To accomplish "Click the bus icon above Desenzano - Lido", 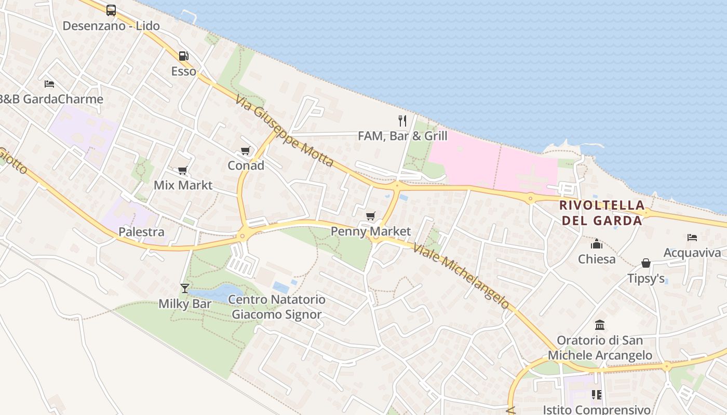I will (111, 10).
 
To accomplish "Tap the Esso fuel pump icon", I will (183, 56).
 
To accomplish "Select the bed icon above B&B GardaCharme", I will (49, 84).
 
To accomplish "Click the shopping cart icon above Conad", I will (246, 151).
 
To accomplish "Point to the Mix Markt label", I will (183, 185).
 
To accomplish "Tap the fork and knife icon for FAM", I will (402, 121).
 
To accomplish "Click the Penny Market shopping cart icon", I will (370, 216).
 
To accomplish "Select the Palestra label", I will (141, 232).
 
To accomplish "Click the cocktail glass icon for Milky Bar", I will (184, 288).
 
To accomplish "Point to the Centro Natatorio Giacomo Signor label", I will (277, 307).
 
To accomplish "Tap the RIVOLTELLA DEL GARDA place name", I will (602, 213).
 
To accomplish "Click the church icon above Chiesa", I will (597, 244).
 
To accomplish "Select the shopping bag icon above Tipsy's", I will (646, 264).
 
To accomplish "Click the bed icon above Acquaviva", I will (692, 238).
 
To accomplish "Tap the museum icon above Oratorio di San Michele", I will (600, 325).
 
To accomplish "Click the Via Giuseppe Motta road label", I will (284, 131).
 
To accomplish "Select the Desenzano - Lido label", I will (111, 25).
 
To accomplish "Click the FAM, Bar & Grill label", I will (402, 136).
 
